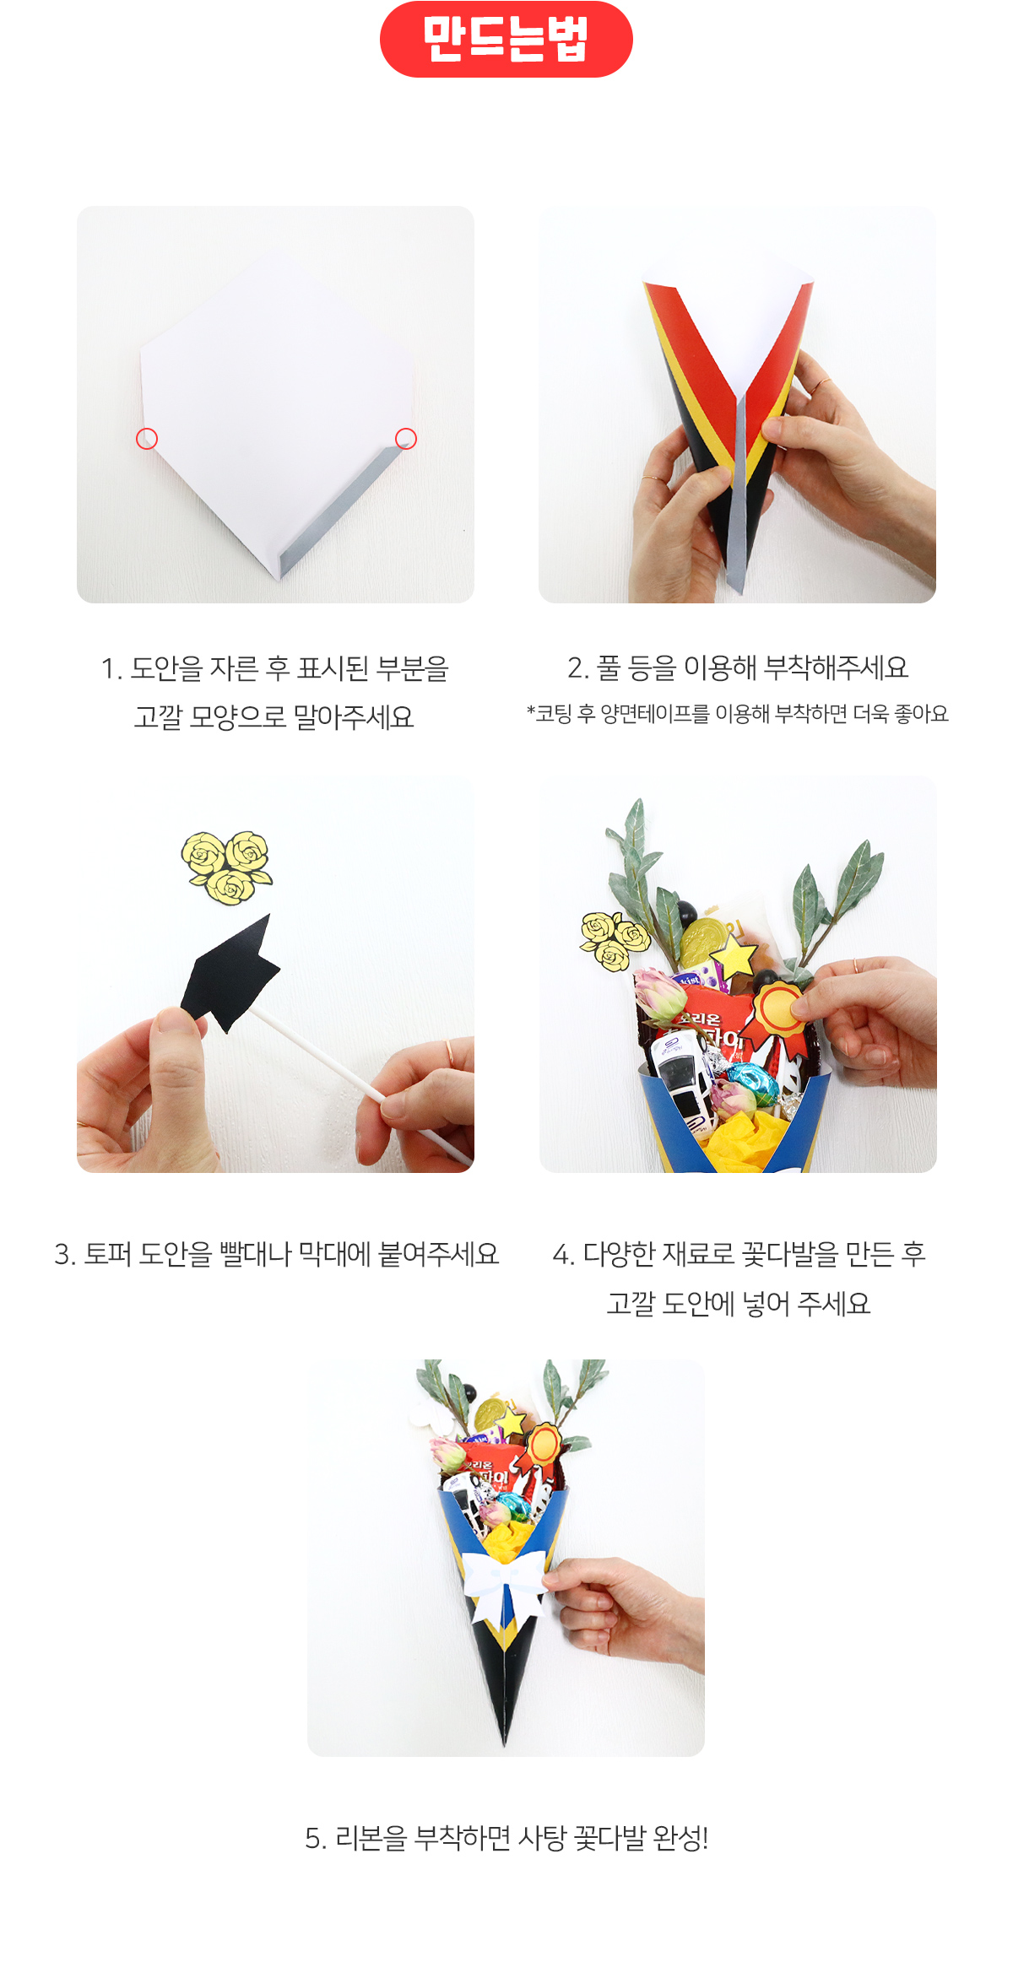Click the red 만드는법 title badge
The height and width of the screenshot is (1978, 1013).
(506, 40)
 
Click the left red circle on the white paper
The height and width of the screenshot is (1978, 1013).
(147, 439)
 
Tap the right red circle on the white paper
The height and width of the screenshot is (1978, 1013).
(406, 439)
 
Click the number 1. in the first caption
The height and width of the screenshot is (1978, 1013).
(111, 669)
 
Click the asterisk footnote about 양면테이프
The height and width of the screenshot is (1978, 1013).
(738, 714)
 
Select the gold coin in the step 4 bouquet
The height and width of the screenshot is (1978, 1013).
(701, 942)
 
